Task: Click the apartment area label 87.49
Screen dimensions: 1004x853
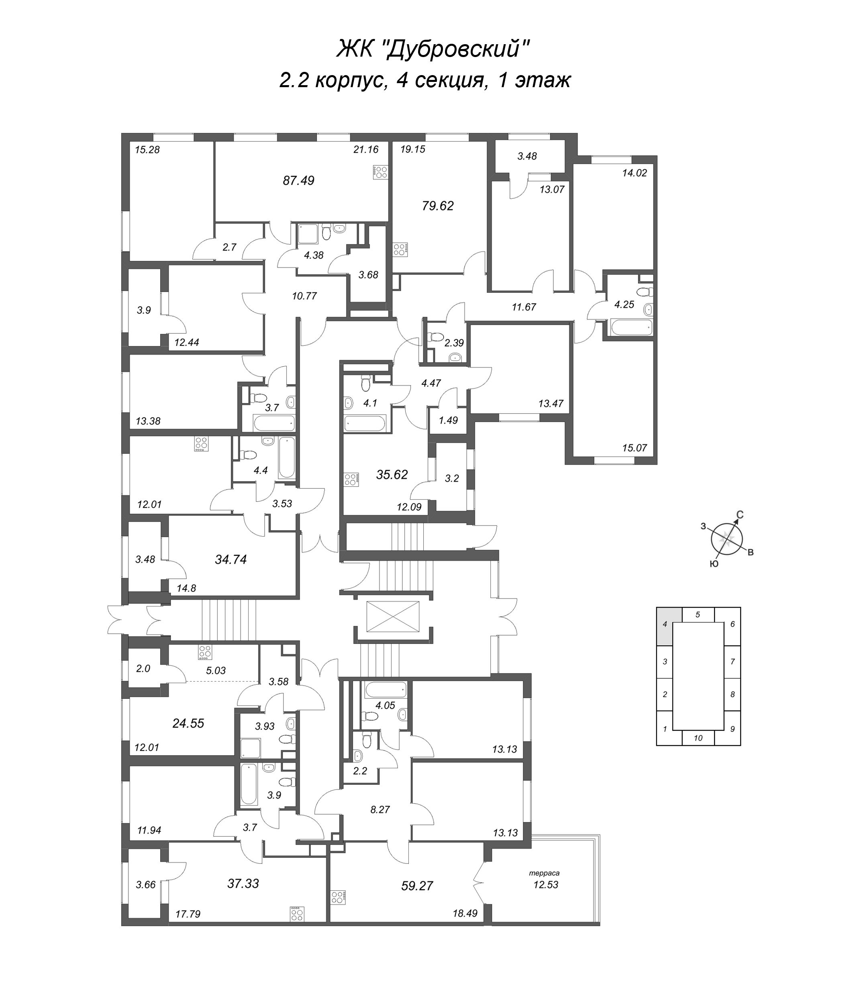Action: (298, 181)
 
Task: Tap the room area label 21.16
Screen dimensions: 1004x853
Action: (365, 149)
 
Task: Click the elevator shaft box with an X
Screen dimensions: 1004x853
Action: (393, 616)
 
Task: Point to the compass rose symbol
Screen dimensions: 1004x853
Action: (727, 538)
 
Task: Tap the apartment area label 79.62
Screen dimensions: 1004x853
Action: (438, 206)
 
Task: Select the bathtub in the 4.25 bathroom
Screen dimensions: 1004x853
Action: (631, 327)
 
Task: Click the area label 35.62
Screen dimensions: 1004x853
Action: (392, 474)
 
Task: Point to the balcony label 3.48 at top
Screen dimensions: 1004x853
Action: (527, 156)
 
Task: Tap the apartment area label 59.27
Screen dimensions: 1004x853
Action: (417, 886)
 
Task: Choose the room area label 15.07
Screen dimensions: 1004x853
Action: (635, 448)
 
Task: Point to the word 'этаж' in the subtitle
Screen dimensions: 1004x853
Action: (543, 80)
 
